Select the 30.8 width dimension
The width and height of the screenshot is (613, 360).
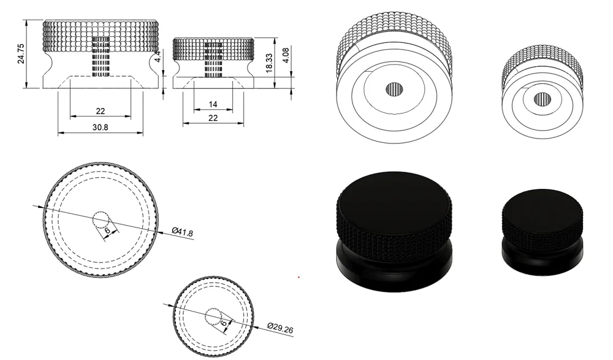coord(101,128)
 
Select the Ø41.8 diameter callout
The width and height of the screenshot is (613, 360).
coord(183,232)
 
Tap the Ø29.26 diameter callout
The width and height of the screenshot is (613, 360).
coord(280,329)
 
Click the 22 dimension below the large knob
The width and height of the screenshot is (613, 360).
coord(101,111)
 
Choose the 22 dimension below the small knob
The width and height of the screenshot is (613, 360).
coord(213,118)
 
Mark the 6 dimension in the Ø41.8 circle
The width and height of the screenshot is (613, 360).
coord(107,230)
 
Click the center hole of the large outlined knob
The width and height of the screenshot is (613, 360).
coord(394,90)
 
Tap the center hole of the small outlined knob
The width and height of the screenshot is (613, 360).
coord(542,98)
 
